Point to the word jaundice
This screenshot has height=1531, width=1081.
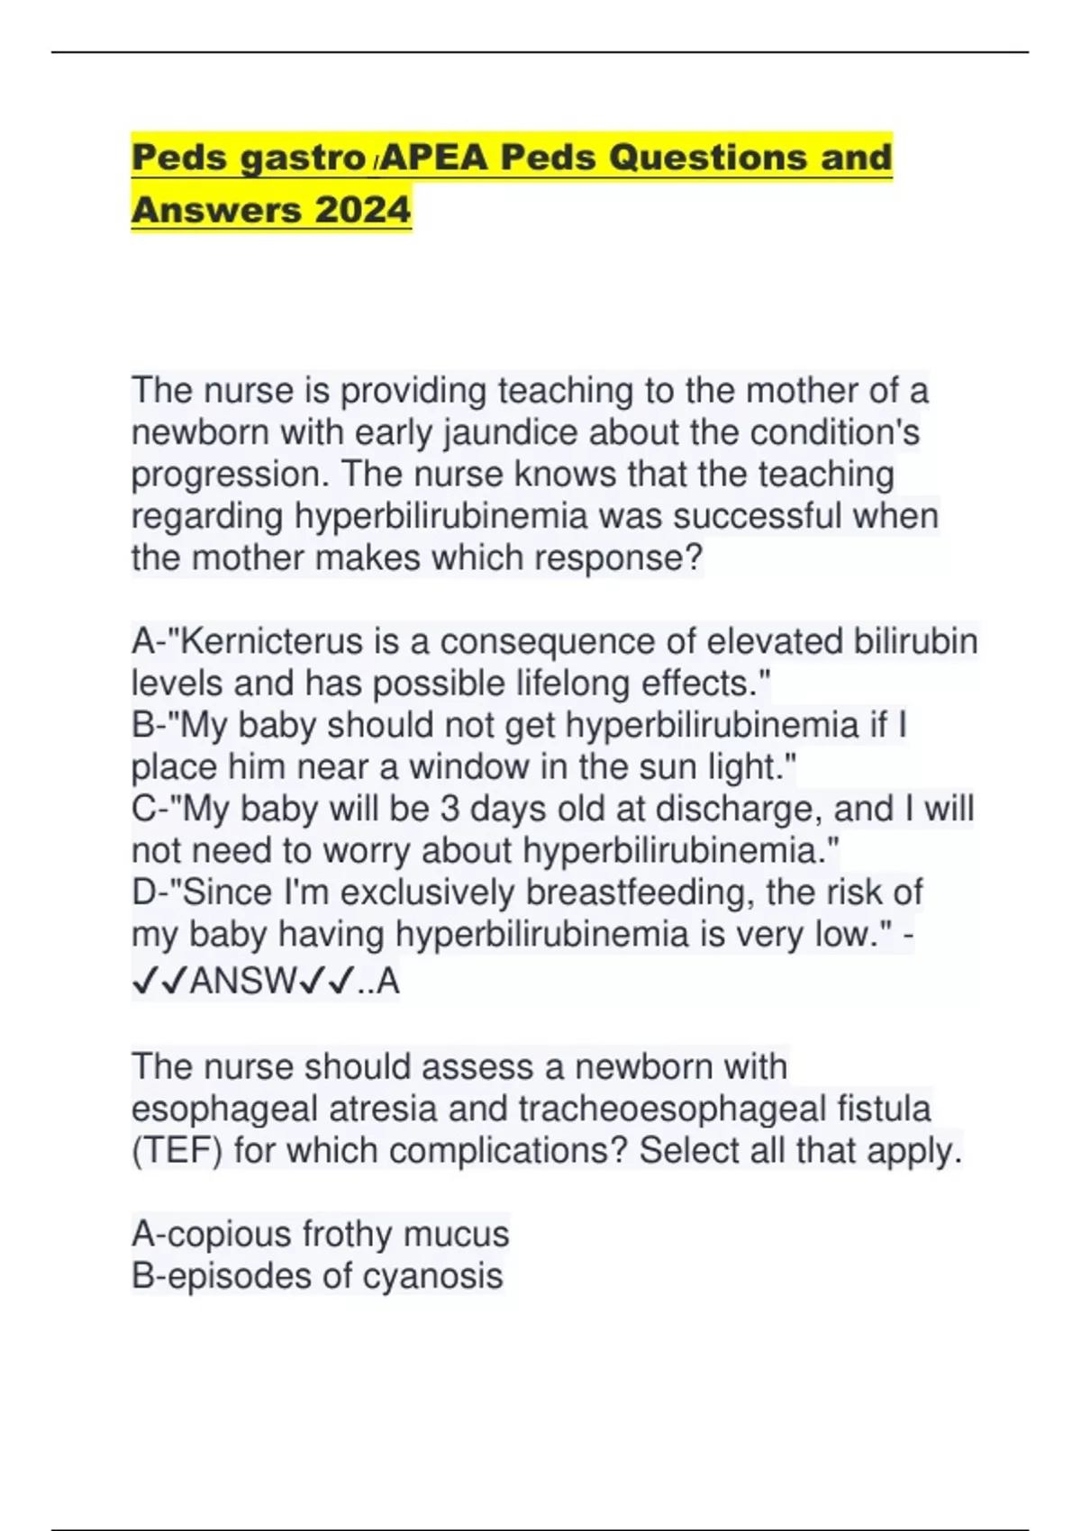[510, 432]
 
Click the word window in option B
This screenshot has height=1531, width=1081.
[468, 767]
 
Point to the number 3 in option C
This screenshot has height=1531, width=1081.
[450, 809]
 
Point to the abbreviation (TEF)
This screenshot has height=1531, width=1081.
[177, 1151]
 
